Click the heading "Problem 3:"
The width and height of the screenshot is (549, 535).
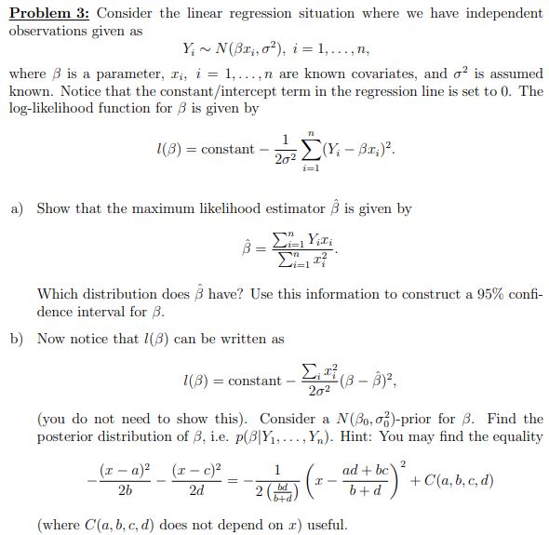(47, 14)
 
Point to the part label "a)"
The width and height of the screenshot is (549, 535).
(17, 208)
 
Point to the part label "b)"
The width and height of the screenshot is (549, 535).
(17, 339)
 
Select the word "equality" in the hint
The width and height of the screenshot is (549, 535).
(516, 436)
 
